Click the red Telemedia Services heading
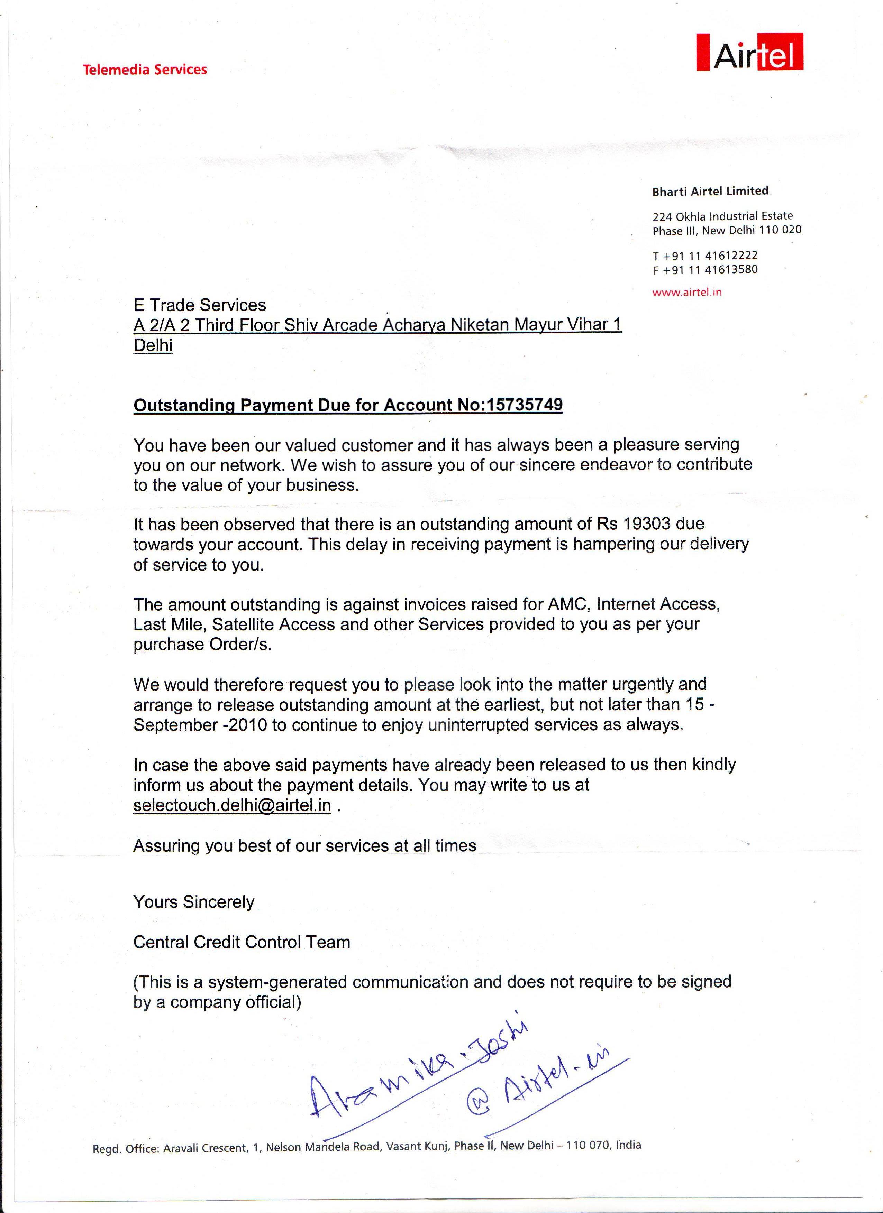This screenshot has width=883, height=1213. click(145, 70)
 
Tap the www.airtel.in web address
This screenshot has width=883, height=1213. click(686, 292)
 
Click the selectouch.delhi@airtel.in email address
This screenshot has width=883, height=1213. click(232, 805)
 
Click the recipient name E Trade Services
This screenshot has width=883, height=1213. click(200, 305)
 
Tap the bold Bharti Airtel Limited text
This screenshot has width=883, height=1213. click(710, 191)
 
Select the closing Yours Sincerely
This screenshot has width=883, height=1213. click(194, 902)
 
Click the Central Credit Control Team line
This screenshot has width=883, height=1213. click(242, 942)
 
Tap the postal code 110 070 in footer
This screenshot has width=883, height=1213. click(588, 1145)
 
